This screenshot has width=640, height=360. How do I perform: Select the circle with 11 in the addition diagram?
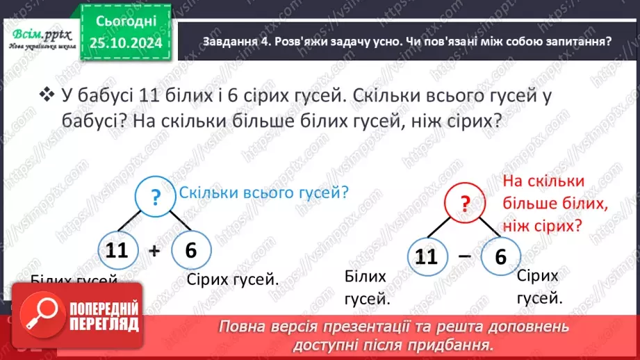click(118, 249)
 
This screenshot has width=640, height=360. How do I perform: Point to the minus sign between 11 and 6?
click(462, 257)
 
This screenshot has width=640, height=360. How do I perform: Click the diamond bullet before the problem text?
click(47, 94)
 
